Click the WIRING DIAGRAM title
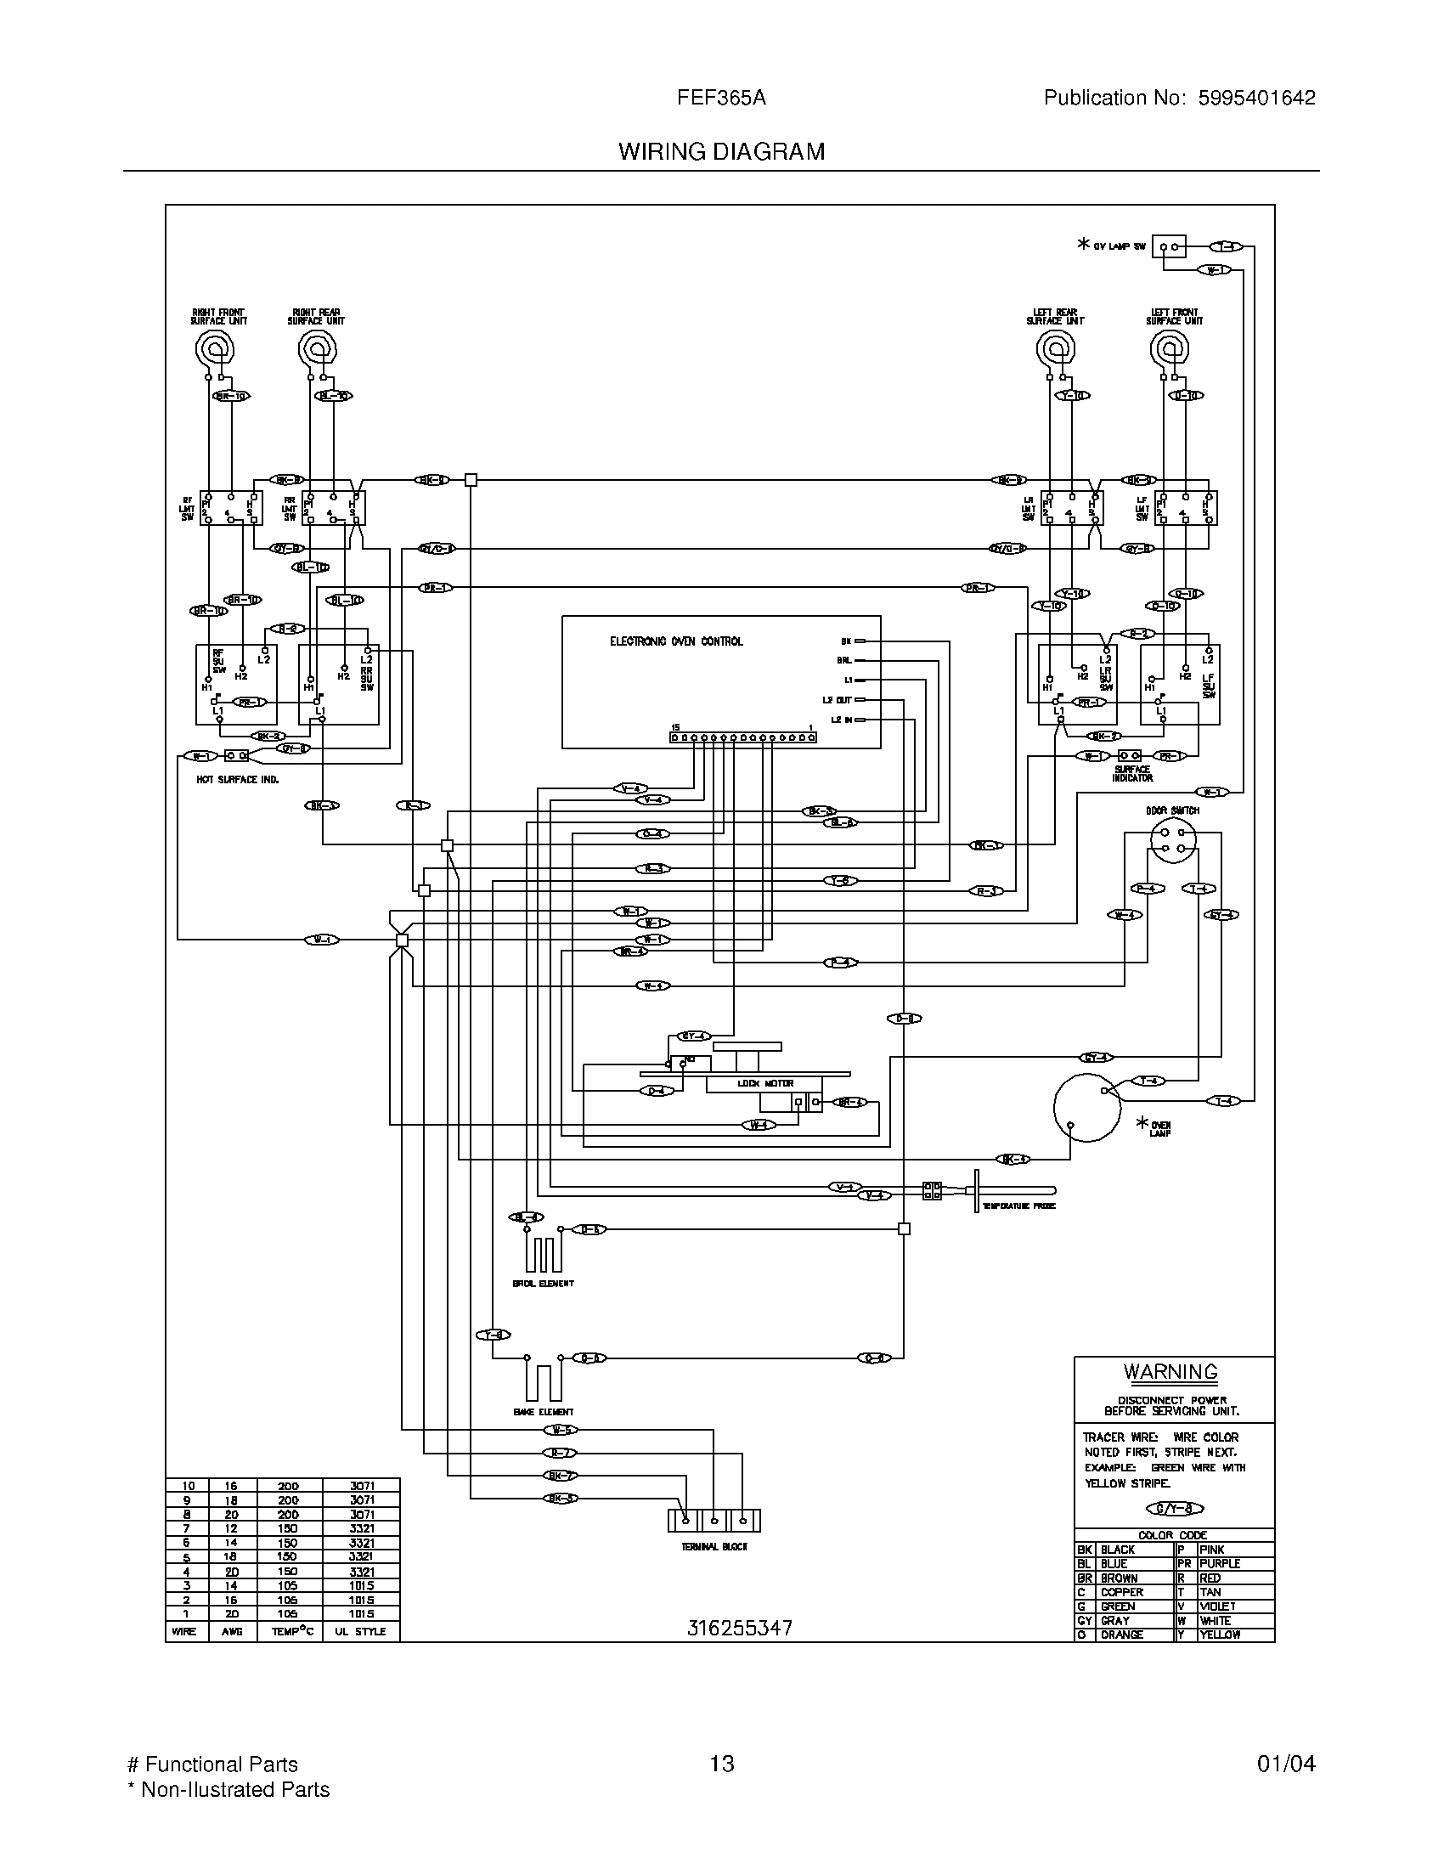click(721, 151)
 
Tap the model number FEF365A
click(721, 99)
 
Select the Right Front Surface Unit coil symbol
click(214, 348)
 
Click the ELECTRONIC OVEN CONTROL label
click(676, 641)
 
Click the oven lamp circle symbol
click(1086, 1107)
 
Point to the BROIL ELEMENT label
click(543, 1284)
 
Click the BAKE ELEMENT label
click(543, 1412)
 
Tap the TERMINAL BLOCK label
click(714, 1546)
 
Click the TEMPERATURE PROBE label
click(1018, 1206)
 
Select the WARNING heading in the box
click(1170, 1371)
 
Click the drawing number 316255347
click(740, 1628)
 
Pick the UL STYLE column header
click(361, 1631)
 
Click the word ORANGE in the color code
click(1121, 1635)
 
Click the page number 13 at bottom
click(721, 1764)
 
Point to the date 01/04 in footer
click(1286, 1764)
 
